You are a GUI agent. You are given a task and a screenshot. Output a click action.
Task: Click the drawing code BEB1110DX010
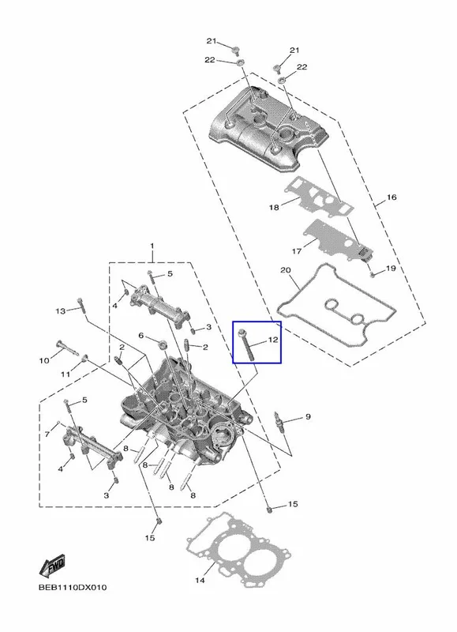pos(73,587)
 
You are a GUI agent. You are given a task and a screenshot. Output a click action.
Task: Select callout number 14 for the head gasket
pos(200,581)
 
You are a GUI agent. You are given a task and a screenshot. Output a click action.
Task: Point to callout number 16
pos(391,197)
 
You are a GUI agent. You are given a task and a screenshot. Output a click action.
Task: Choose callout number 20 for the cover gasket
pos(286,269)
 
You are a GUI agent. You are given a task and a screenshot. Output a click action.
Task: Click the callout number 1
pos(152,246)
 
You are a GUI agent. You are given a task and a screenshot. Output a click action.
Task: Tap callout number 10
pos(44,360)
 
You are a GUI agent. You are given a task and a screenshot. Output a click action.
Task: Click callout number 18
pos(274,208)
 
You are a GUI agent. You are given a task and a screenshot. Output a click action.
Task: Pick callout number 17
pos(296,251)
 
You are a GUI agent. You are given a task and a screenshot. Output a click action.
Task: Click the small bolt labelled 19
pos(373,275)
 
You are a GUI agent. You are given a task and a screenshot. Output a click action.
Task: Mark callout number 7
pos(47,434)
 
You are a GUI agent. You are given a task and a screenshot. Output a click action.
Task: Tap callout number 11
pos(66,374)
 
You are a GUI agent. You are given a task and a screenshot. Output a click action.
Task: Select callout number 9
pos(308,416)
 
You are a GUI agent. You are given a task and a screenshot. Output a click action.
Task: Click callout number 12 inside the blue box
pos(273,340)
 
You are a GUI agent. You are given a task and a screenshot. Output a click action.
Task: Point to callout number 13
pos(61,311)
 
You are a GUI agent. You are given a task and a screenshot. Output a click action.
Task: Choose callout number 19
pos(391,268)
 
